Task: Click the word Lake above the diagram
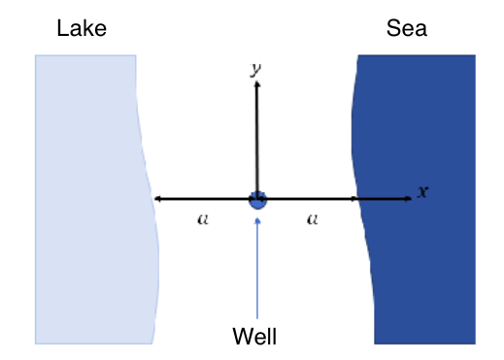pos(82,29)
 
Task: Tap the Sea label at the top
pos(406,29)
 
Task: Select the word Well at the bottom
pos(255,337)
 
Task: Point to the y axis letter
pos(254,69)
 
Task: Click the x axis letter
pos(421,191)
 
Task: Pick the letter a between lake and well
pos(202,219)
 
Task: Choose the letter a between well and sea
pos(312,219)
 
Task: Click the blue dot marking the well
pos(257,200)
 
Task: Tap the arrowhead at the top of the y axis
pos(257,85)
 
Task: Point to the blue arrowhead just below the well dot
pos(257,219)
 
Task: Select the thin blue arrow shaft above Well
pos(257,272)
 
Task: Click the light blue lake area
pos(87,194)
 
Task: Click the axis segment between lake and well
pos(204,199)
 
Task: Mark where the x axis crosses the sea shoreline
pos(360,199)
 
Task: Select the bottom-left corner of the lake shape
pos(37,342)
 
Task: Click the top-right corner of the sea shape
pos(474,56)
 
